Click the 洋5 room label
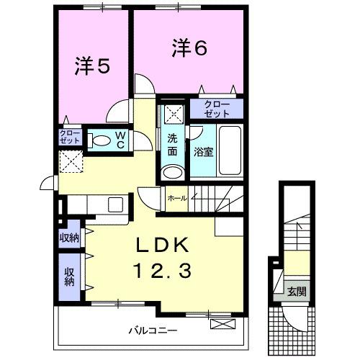[92, 66]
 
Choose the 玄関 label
[297, 292]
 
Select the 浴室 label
[202, 152]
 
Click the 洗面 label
[173, 145]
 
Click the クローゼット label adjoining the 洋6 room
[217, 109]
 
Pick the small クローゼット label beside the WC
[70, 137]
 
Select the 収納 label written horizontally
[70, 238]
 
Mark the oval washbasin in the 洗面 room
[171, 171]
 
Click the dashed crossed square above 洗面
[172, 112]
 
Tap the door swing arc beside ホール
[148, 194]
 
